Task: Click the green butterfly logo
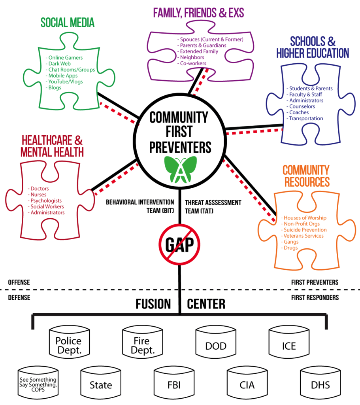pyautogui.click(x=180, y=169)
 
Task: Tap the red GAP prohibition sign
pyautogui.click(x=179, y=244)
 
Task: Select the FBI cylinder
pyautogui.click(x=174, y=383)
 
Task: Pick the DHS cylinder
pyautogui.click(x=320, y=383)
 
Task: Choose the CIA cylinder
pyautogui.click(x=247, y=383)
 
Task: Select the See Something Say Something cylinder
pyautogui.click(x=38, y=383)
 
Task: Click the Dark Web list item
pyautogui.click(x=58, y=64)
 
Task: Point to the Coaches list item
pyautogui.click(x=298, y=112)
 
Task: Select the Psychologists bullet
pyautogui.click(x=45, y=201)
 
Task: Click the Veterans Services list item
pyautogui.click(x=302, y=236)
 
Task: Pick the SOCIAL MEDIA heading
pyautogui.click(x=67, y=23)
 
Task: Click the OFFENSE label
pyautogui.click(x=19, y=282)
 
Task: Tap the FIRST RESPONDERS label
pyautogui.click(x=315, y=297)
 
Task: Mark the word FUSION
pyautogui.click(x=153, y=304)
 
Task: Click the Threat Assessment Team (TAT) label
pyautogui.click(x=213, y=206)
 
